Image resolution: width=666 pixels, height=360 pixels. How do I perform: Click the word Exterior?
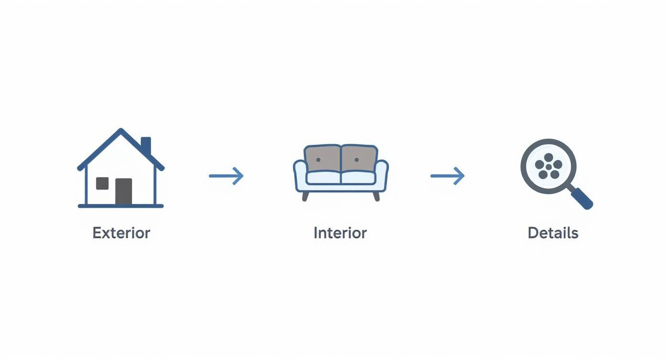[121, 233]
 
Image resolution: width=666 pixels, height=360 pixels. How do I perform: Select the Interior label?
[340, 233]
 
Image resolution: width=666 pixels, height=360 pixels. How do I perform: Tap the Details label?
[553, 233]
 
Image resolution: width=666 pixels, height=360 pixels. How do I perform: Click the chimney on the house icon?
[146, 145]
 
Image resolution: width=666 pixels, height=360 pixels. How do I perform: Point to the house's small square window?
[102, 183]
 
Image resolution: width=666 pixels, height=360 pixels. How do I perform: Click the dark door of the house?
[123, 191]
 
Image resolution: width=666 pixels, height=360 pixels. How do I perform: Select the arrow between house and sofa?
[226, 176]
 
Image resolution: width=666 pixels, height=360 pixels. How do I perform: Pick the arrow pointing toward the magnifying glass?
[447, 176]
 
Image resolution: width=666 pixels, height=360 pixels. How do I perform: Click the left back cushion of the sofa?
[323, 159]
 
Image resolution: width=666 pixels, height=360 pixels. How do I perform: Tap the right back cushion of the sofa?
[359, 159]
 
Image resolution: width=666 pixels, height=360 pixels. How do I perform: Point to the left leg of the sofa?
[305, 196]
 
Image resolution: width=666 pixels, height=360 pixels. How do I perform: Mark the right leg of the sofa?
[376, 196]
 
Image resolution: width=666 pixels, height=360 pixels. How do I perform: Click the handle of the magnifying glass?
[582, 198]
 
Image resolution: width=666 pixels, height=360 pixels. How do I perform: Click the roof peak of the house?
[121, 131]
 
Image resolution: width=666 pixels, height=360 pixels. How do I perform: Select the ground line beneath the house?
[121, 206]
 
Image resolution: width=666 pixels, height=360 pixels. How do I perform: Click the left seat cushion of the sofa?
[323, 178]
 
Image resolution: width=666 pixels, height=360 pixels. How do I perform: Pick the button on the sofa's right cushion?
[356, 159]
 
